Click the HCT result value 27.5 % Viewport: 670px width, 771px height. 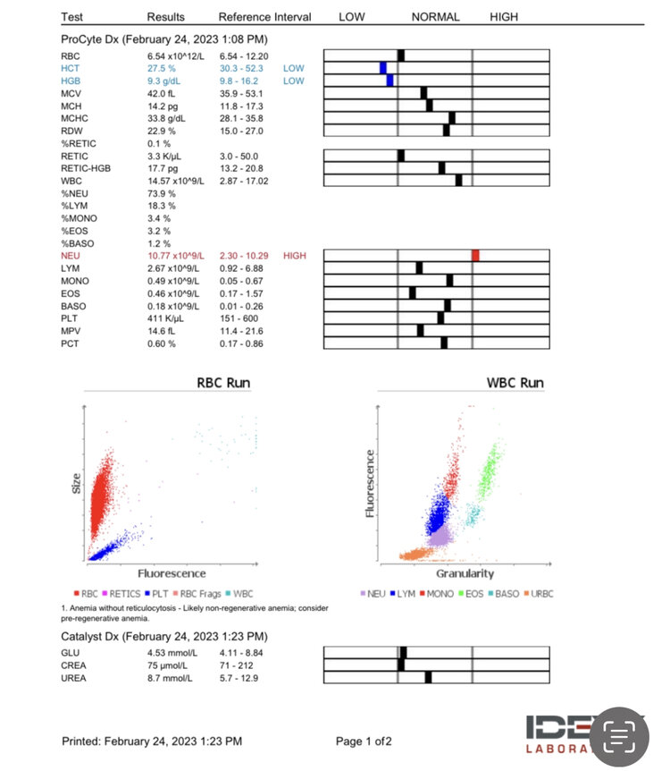tap(162, 68)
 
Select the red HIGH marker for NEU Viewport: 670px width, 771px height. tap(476, 256)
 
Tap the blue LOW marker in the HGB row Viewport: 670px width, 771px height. tap(389, 80)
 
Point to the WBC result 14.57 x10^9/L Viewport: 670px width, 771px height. tap(175, 181)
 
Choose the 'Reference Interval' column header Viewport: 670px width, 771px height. tap(264, 17)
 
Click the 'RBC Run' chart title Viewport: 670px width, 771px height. tap(223, 383)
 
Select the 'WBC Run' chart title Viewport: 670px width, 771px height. tap(515, 383)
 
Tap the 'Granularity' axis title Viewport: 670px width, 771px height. tap(465, 573)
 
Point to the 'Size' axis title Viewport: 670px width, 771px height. tap(76, 484)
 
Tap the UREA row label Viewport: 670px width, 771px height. tap(74, 677)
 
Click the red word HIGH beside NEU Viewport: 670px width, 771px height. tap(294, 256)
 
